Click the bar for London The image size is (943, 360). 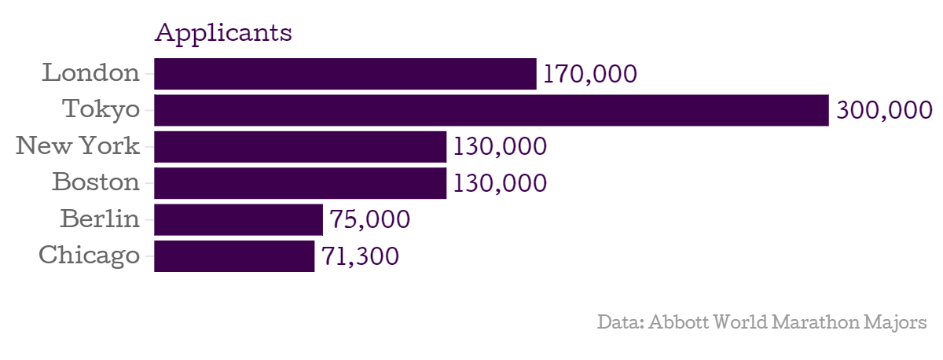pyautogui.click(x=345, y=74)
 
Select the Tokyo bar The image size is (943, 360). pyautogui.click(x=491, y=110)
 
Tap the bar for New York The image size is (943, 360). pyautogui.click(x=300, y=147)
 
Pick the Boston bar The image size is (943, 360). pyautogui.click(x=300, y=183)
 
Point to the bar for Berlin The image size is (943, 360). pyautogui.click(x=238, y=219)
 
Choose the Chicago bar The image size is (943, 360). pyautogui.click(x=234, y=256)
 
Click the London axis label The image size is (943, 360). pyautogui.click(x=90, y=74)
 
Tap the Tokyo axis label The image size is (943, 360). pyautogui.click(x=101, y=110)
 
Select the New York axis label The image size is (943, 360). pyautogui.click(x=78, y=147)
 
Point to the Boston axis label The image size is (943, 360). pyautogui.click(x=96, y=183)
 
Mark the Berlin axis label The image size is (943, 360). pyautogui.click(x=100, y=219)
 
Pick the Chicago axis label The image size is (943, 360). pyautogui.click(x=89, y=256)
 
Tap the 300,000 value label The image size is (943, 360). pyautogui.click(x=884, y=111)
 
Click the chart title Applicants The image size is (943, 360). pyautogui.click(x=223, y=34)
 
